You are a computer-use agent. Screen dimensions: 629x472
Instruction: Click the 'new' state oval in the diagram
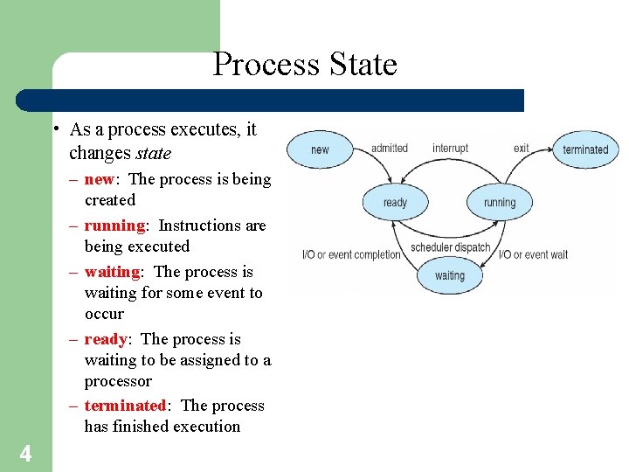[x=320, y=149]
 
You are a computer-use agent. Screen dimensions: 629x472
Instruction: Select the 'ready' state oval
[x=395, y=203]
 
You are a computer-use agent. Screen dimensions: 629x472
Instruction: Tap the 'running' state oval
[x=500, y=203]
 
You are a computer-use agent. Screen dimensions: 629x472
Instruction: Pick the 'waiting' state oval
[x=450, y=275]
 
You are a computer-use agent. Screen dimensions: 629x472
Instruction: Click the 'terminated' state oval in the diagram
[x=585, y=149]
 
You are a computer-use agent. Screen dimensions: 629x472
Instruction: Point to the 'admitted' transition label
[x=389, y=149]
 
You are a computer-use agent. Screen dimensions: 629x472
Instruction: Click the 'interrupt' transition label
[x=450, y=149]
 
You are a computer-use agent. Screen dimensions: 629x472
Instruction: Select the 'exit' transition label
[x=522, y=149]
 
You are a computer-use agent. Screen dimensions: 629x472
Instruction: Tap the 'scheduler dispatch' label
[x=451, y=247]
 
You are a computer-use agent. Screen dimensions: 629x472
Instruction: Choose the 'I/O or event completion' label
[x=351, y=254]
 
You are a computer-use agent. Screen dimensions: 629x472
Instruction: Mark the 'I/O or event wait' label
[x=533, y=254]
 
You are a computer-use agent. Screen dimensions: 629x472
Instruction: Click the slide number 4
[x=25, y=454]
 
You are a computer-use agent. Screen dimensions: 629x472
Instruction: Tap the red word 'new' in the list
[x=99, y=179]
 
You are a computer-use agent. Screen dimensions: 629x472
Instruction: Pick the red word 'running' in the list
[x=114, y=226]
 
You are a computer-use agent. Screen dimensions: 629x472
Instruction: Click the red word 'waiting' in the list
[x=112, y=272]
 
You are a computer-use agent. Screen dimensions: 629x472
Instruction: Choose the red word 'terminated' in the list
[x=125, y=406]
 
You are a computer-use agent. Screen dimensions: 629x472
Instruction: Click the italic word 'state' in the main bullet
[x=153, y=154]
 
